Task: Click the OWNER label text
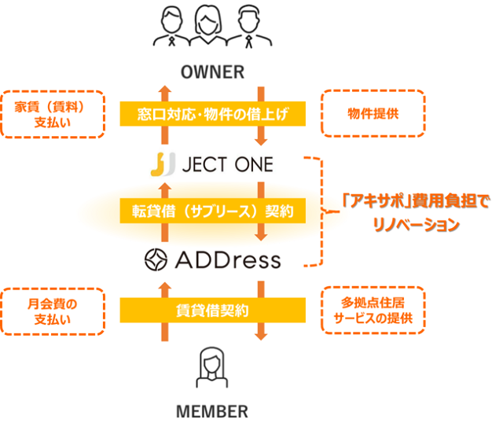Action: [212, 72]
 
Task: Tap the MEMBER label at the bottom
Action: [212, 410]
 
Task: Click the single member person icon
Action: [211, 369]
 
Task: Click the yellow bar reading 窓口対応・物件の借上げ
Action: [212, 115]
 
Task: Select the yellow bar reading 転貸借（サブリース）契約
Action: [212, 211]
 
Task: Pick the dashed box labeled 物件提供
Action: [373, 114]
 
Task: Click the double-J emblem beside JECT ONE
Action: [162, 165]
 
